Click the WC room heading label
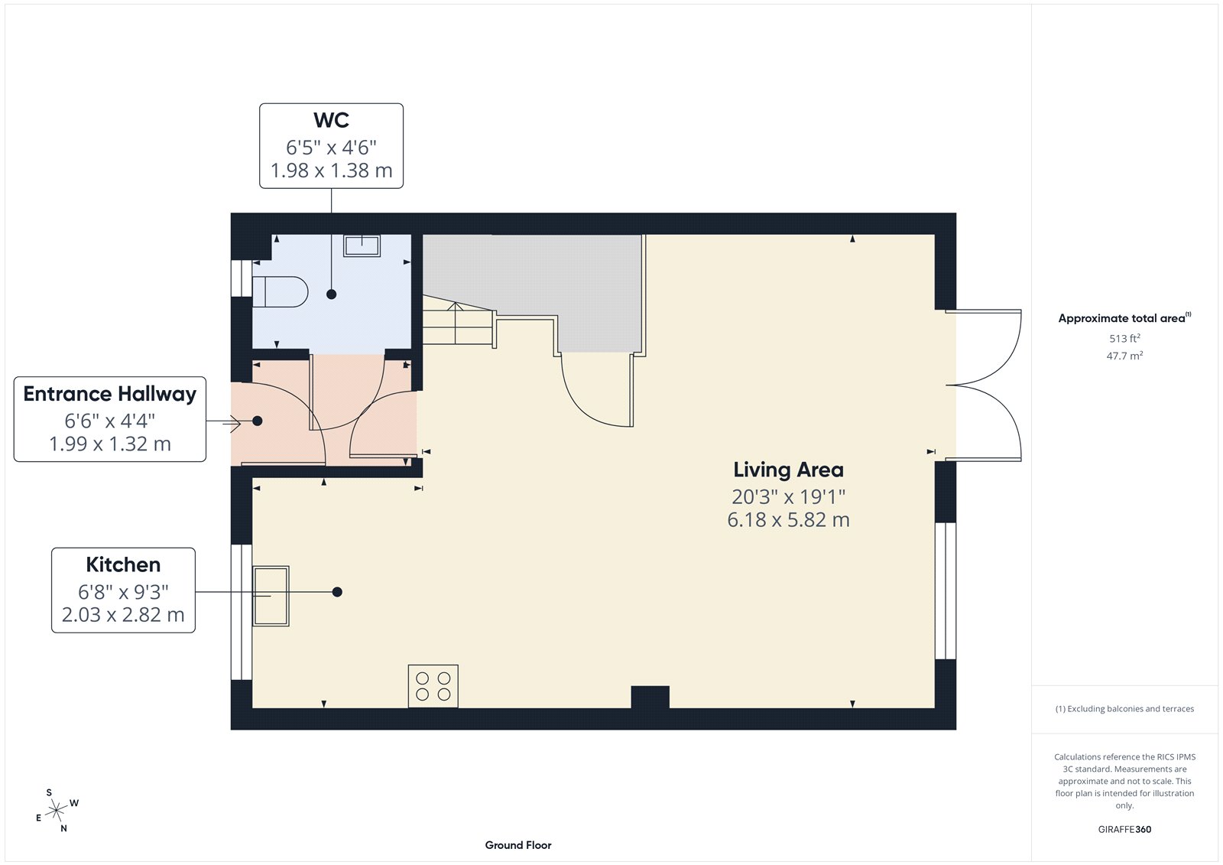tap(331, 120)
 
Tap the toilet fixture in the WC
tap(281, 291)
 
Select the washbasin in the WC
tap(362, 246)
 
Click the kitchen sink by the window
tap(271, 596)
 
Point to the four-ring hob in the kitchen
tap(433, 685)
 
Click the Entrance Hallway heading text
tap(110, 394)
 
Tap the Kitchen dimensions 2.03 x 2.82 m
tap(123, 615)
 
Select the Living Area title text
tap(788, 470)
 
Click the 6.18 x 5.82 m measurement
tap(788, 520)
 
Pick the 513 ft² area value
tap(1124, 338)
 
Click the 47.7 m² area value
tap(1124, 356)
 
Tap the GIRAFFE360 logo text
tap(1124, 829)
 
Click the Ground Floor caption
tap(517, 845)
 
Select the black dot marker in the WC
tap(331, 294)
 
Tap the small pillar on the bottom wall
tap(650, 697)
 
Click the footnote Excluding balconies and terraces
tap(1124, 709)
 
